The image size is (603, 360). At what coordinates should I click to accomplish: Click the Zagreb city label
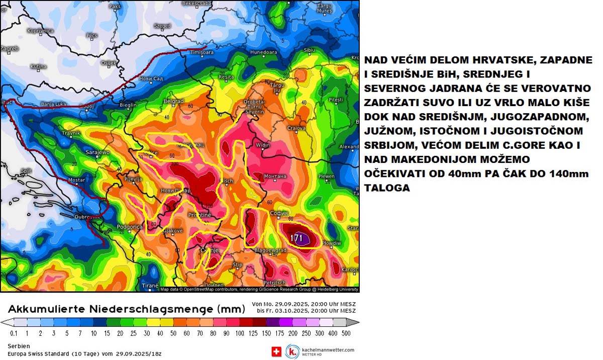click(x=10, y=48)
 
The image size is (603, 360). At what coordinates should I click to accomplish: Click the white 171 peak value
click(x=297, y=238)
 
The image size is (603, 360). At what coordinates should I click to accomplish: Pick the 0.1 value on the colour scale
click(x=14, y=333)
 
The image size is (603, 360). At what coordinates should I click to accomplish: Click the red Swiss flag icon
click(x=276, y=351)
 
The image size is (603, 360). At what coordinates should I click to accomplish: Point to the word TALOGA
click(x=388, y=188)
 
